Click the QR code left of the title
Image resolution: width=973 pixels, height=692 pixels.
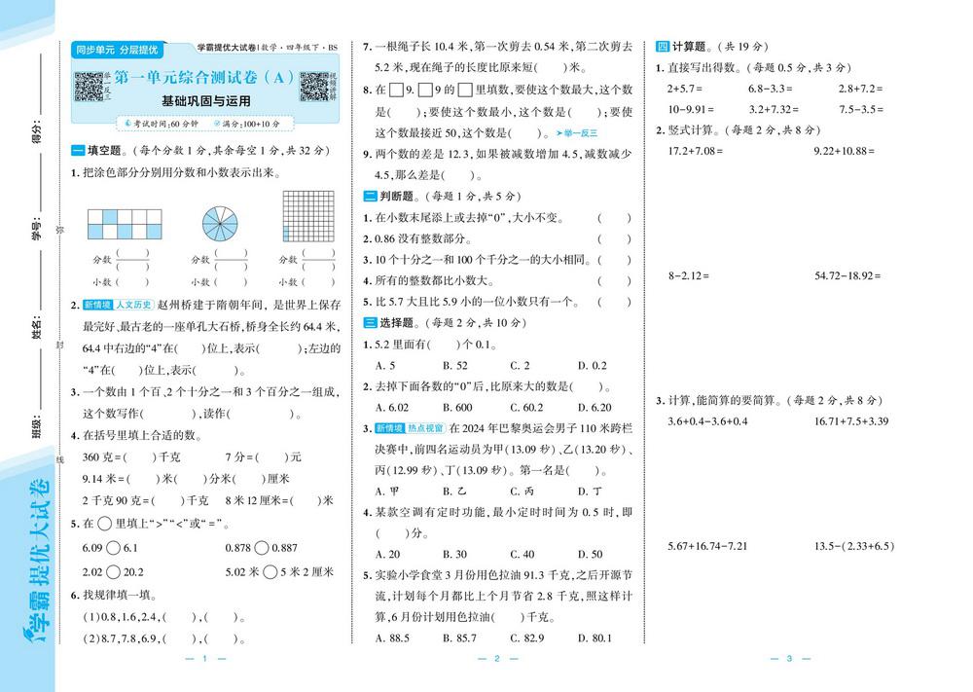coord(90,86)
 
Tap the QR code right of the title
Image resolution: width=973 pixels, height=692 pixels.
coord(313,86)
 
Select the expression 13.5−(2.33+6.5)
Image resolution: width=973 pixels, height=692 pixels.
coord(853,546)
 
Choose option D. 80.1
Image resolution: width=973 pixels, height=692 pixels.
coord(594,637)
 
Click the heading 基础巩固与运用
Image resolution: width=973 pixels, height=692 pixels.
coord(205,100)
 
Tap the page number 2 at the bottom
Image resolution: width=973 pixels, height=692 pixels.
coord(495,660)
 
